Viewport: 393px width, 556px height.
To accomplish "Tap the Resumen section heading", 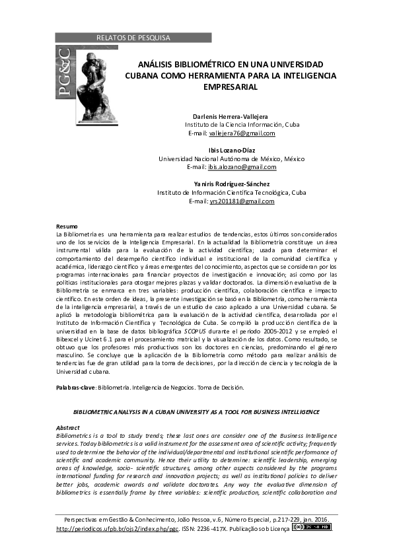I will click(67, 226).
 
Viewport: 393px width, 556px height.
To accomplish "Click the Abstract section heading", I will click(67, 428).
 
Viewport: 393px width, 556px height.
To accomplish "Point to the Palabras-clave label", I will click(75, 387).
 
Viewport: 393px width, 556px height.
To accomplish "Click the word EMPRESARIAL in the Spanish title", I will click(231, 87).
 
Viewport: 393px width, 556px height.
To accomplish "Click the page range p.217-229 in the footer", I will click(265, 519).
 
